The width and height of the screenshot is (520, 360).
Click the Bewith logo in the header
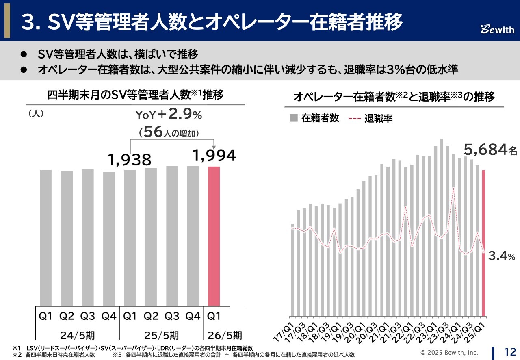point(497,30)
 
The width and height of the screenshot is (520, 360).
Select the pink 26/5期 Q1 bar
point(214,236)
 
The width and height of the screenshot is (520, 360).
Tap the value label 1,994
point(214,155)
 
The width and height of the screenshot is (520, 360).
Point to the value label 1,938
point(130,160)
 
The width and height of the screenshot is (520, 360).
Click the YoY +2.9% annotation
point(169,115)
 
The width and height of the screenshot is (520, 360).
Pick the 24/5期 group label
point(78,335)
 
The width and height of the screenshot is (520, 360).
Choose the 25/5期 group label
point(161,335)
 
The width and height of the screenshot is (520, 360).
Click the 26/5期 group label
point(225,335)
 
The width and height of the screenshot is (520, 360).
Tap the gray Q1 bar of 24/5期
point(46,237)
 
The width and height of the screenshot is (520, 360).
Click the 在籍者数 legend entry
point(314,118)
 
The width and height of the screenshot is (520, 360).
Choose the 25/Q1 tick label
point(479,330)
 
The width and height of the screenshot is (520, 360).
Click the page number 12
point(510,351)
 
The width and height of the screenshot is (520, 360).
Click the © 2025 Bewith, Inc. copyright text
point(449,352)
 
